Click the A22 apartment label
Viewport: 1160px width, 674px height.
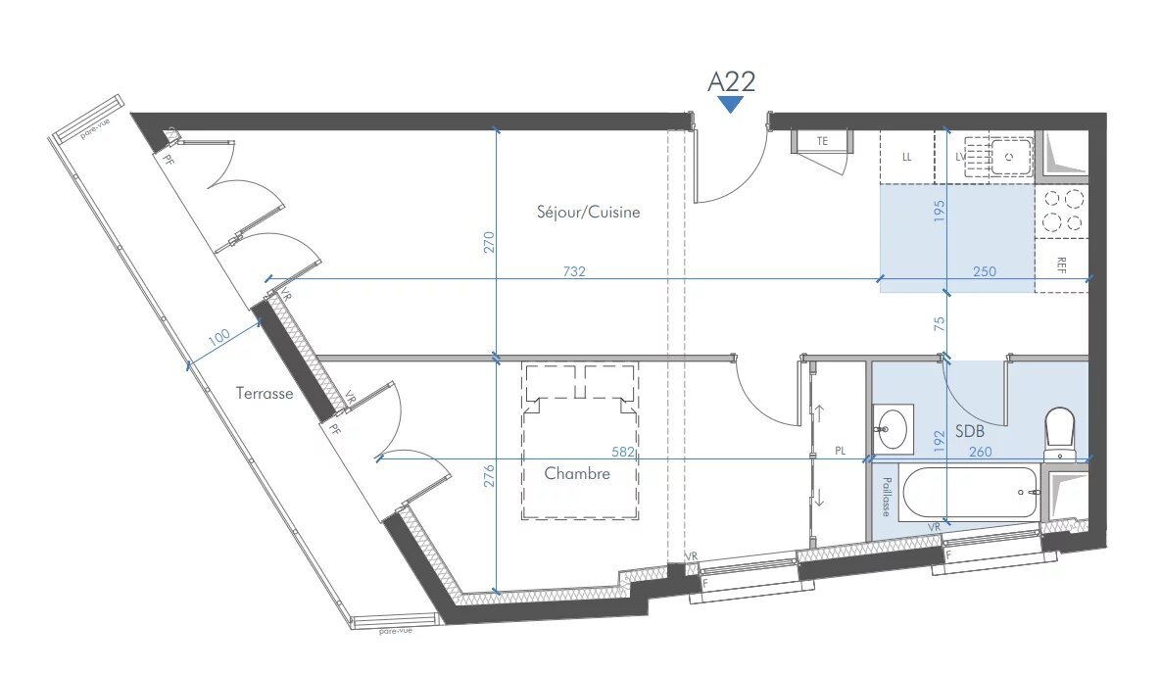pos(731,80)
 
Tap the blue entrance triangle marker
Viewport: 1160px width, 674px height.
pos(731,105)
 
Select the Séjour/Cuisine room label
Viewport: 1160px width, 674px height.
pos(588,212)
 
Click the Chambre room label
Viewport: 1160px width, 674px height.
pos(577,473)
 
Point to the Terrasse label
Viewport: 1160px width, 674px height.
pos(265,393)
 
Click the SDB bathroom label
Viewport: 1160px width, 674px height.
pos(969,430)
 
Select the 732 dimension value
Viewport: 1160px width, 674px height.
pos(574,271)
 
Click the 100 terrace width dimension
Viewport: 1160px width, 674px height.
pos(218,336)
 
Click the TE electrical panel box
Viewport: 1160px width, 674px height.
pos(823,141)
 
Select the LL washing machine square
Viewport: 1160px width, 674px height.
pos(906,157)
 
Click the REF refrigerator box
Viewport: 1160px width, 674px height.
pos(1062,265)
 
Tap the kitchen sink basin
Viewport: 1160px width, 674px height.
pos(1009,155)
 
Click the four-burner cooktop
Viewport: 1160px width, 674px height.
pos(1062,211)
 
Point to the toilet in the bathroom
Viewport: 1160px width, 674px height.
pos(1059,431)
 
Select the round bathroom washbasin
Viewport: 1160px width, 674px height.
pos(893,428)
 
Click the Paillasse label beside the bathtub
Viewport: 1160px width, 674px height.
pos(885,498)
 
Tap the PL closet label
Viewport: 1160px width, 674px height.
pos(840,452)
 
